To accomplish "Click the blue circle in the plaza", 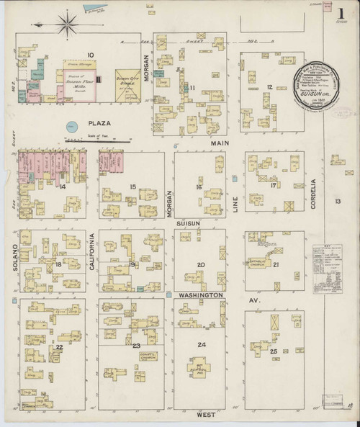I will click(71, 127).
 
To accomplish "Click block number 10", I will click(91, 55).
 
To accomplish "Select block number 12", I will click(268, 87).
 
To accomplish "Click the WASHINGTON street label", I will click(203, 295).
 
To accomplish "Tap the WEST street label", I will click(205, 415).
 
